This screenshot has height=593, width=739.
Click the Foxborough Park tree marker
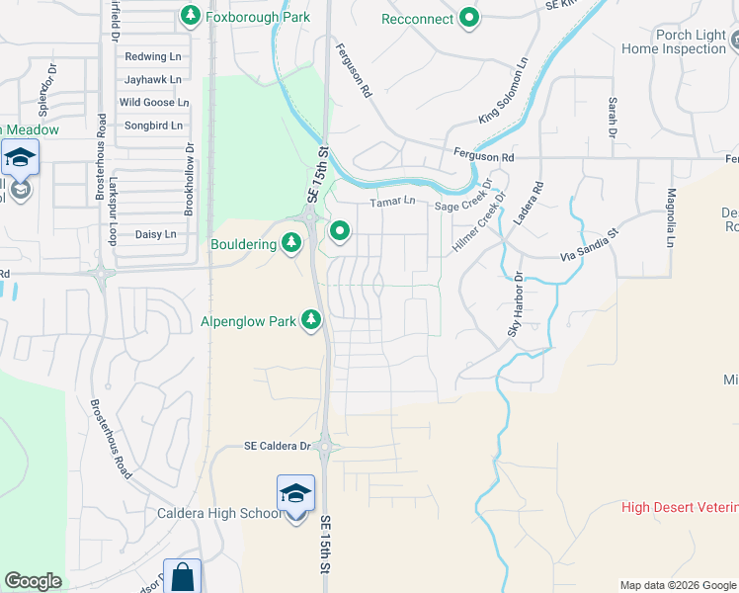tap(190, 16)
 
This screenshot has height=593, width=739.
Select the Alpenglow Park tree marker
tap(311, 318)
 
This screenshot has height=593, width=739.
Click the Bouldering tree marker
tap(290, 242)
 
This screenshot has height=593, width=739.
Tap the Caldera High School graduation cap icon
tap(295, 493)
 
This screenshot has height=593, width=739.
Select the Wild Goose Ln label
tap(153, 102)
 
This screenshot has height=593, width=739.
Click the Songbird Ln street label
tap(153, 126)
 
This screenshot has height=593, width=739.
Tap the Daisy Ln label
tap(155, 234)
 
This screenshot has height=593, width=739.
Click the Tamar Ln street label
tap(389, 203)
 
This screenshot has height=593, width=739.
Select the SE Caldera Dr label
tap(278, 446)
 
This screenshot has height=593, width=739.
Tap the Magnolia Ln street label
tap(670, 217)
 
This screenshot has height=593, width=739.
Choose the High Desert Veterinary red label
tap(680, 507)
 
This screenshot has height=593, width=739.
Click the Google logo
tap(33, 581)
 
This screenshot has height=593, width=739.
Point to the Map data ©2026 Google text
tap(678, 585)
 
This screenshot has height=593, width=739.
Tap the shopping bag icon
tap(182, 576)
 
